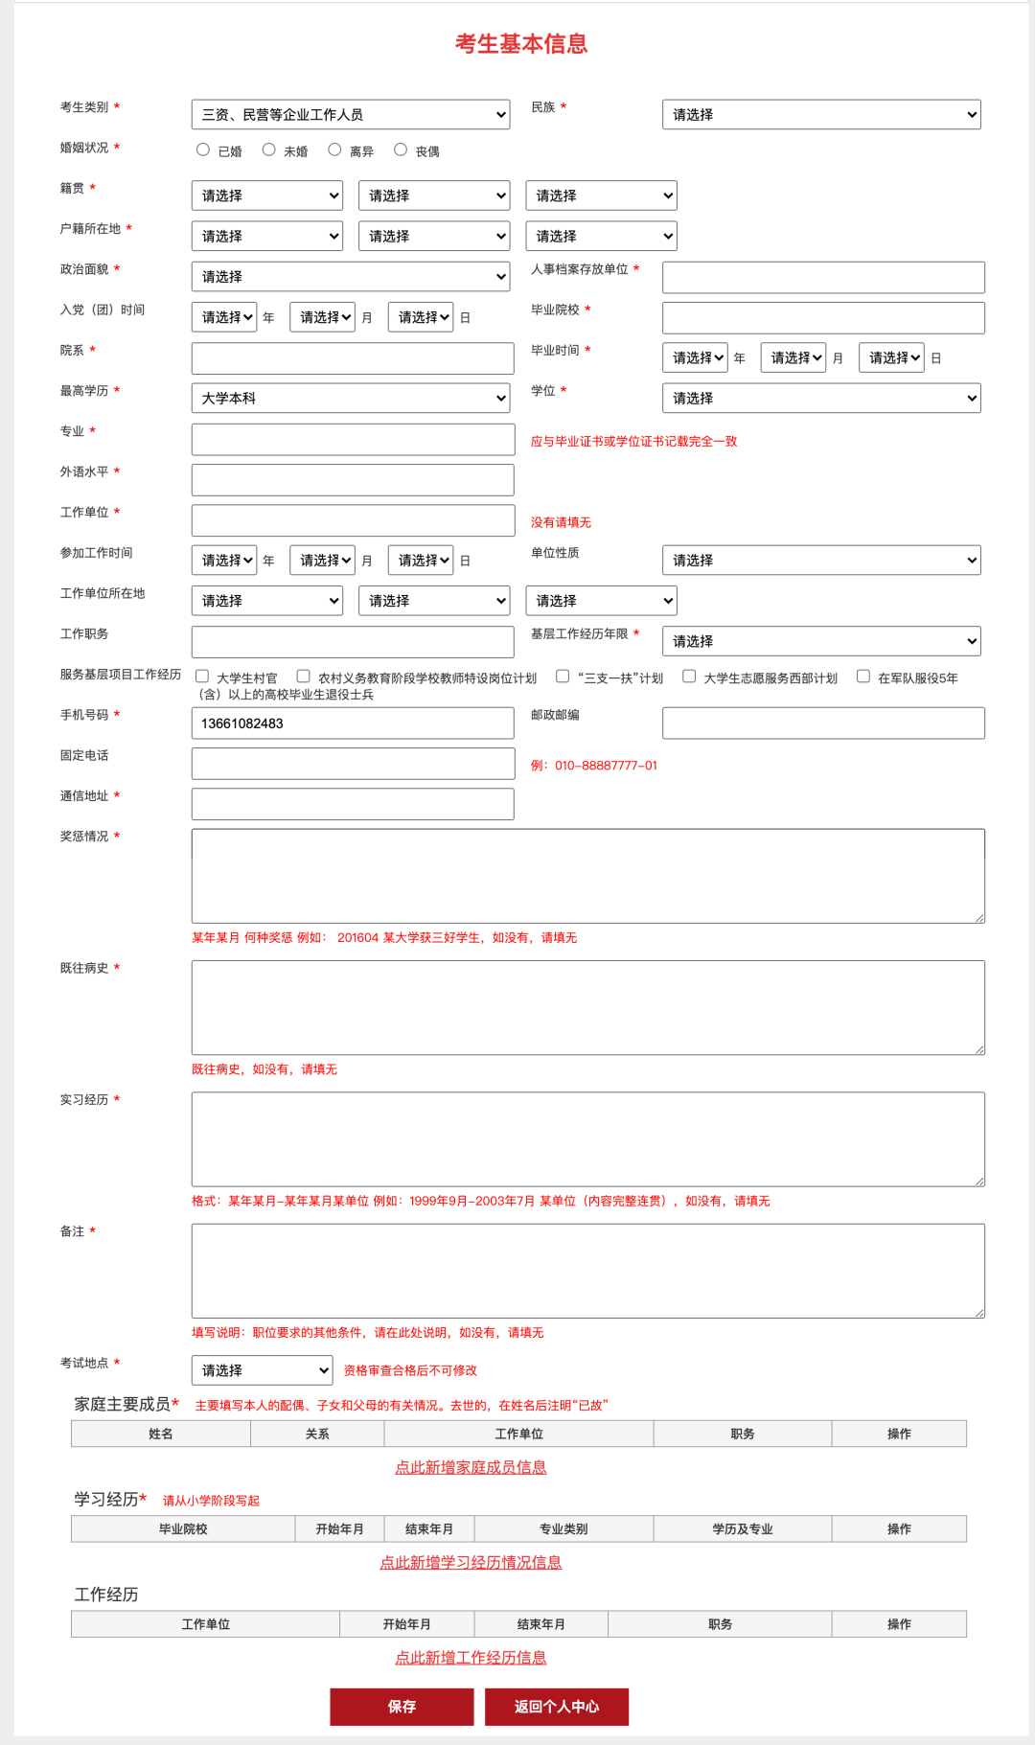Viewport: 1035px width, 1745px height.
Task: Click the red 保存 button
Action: pyautogui.click(x=402, y=1707)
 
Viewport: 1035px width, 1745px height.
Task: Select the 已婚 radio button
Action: pyautogui.click(x=203, y=149)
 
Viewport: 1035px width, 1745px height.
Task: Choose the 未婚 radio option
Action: pyautogui.click(x=269, y=149)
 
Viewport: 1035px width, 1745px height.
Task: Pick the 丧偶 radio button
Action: pyautogui.click(x=401, y=149)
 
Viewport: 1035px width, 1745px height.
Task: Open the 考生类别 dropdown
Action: pyautogui.click(x=351, y=115)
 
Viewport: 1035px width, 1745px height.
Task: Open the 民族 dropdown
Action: pyautogui.click(x=821, y=115)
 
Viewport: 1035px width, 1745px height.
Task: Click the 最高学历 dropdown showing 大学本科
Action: pyautogui.click(x=351, y=399)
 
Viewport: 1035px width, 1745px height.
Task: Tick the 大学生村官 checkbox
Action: pyautogui.click(x=202, y=677)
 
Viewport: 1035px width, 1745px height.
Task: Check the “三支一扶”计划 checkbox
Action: pyautogui.click(x=563, y=677)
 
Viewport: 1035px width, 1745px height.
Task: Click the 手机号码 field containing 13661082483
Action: pyautogui.click(x=353, y=723)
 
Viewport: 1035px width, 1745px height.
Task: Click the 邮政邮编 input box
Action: pyautogui.click(x=823, y=723)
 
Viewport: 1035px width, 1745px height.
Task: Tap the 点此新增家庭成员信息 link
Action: pyautogui.click(x=471, y=1467)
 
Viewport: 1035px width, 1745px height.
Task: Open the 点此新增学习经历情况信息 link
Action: pyautogui.click(x=471, y=1562)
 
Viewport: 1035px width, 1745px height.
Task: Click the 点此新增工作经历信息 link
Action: pyautogui.click(x=471, y=1657)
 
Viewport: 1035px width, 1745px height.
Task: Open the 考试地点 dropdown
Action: pyautogui.click(x=262, y=1370)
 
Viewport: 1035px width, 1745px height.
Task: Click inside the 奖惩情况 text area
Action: pyautogui.click(x=587, y=876)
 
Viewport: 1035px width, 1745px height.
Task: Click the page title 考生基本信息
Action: pyautogui.click(x=520, y=44)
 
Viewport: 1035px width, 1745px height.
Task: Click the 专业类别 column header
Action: pyautogui.click(x=563, y=1528)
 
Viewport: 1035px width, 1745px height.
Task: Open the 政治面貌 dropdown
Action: pyautogui.click(x=351, y=277)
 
